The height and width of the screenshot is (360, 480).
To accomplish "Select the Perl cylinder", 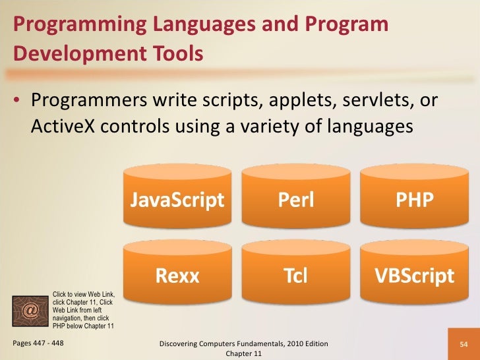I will [x=296, y=199].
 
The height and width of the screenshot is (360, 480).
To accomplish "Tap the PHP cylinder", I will [x=414, y=199].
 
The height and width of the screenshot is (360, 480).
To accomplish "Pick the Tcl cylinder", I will [x=296, y=275].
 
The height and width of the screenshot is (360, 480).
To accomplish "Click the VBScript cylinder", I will [x=414, y=275].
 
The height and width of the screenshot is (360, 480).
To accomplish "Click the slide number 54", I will [x=464, y=345].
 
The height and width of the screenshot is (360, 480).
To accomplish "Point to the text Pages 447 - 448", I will [x=39, y=344].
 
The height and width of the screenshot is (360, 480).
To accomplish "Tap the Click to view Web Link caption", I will [x=84, y=295].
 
